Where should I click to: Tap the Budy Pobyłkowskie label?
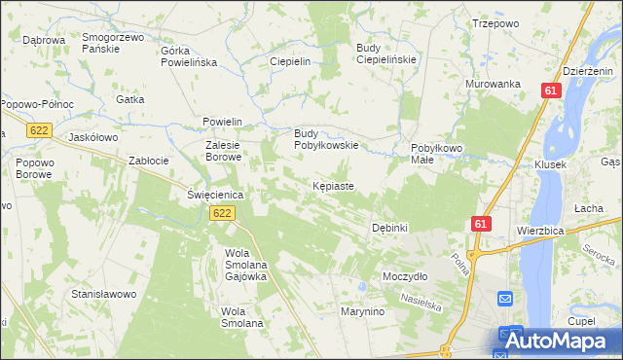(x=327, y=139)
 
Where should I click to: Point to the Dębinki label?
(x=389, y=228)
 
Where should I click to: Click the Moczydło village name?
(x=406, y=276)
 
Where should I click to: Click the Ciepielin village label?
(x=289, y=61)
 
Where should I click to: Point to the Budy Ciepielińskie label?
(x=386, y=54)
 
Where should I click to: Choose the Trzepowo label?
(x=495, y=23)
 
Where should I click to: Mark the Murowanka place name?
(x=494, y=85)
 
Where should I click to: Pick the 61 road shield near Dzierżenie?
(x=552, y=90)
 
